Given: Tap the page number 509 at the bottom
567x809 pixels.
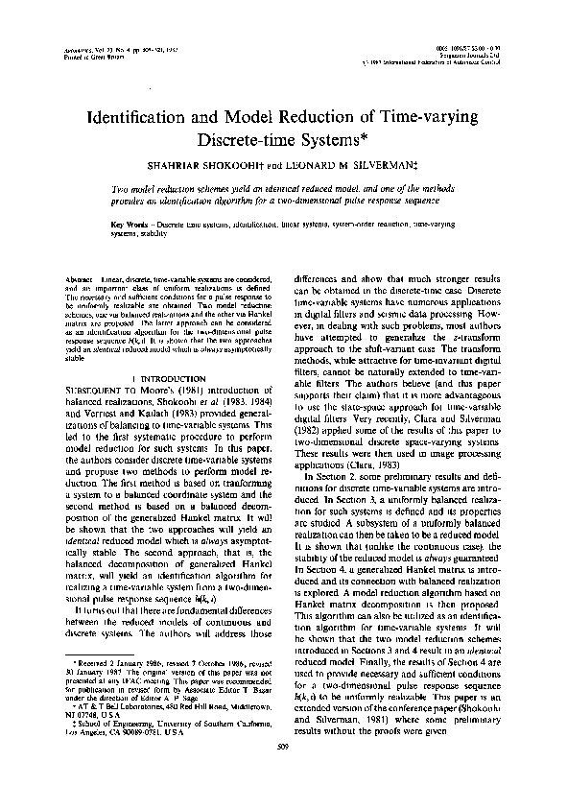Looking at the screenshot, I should coord(283,774).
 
